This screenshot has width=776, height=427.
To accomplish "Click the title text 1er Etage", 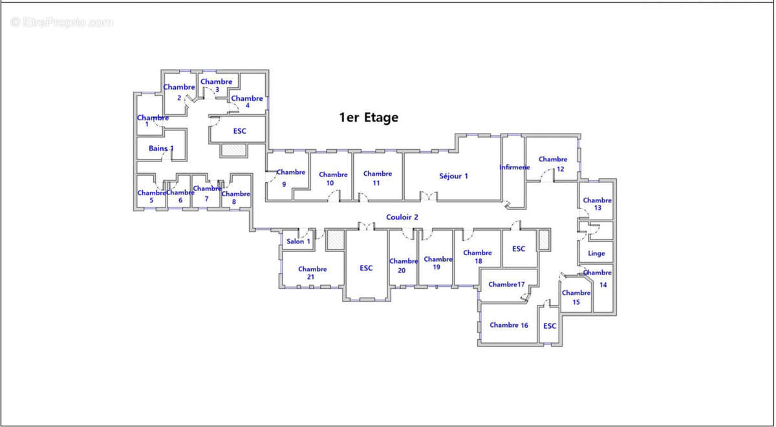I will click(369, 118).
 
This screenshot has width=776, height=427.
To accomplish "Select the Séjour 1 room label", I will click(453, 176).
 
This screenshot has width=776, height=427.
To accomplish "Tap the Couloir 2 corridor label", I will click(402, 217).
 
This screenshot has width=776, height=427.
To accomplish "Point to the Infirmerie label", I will click(514, 167).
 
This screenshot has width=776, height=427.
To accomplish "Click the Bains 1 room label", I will click(161, 149).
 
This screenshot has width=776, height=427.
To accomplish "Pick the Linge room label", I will click(596, 253).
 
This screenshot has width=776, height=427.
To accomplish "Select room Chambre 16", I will click(509, 325).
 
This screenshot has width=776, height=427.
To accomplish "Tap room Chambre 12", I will click(553, 163).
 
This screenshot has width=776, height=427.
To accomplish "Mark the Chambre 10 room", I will click(333, 178).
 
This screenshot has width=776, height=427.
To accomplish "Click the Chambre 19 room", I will click(437, 263).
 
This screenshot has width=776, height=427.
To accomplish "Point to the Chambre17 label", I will click(506, 284).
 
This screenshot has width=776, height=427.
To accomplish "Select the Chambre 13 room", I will click(597, 203).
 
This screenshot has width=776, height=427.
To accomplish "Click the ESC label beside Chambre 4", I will click(239, 131).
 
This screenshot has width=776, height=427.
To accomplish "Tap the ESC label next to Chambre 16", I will click(550, 326).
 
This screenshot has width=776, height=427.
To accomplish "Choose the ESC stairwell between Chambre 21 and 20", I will click(366, 268).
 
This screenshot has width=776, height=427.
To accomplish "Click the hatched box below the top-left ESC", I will click(233, 150).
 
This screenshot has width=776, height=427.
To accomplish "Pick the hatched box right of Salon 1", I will click(335, 239).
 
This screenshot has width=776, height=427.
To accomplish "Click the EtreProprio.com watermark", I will click(62, 23).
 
